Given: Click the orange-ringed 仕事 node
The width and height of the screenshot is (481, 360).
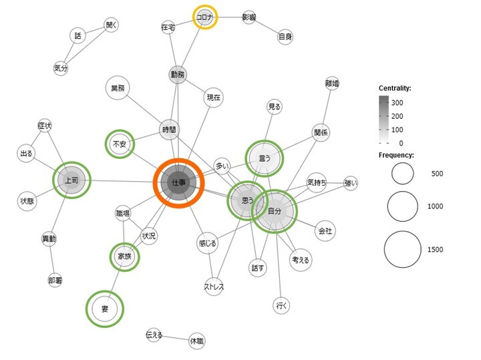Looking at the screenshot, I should pyautogui.click(x=178, y=182).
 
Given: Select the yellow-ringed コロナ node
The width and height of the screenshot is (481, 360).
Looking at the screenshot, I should pyautogui.click(x=204, y=17).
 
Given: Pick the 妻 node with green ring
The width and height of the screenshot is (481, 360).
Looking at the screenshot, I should pyautogui.click(x=105, y=309).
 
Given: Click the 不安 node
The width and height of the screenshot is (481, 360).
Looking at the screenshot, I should pyautogui.click(x=120, y=144).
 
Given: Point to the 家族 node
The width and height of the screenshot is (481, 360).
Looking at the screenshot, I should pyautogui.click(x=124, y=256).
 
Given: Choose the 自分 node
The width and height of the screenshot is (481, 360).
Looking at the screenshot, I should pyautogui.click(x=275, y=211).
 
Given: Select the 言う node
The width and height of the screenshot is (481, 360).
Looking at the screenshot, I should pyautogui.click(x=264, y=158).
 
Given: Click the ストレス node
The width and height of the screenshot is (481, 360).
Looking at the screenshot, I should pyautogui.click(x=214, y=287).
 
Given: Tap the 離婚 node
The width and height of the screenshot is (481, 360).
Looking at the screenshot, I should pyautogui.click(x=332, y=83).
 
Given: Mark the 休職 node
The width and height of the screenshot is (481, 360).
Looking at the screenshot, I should pyautogui.click(x=196, y=341).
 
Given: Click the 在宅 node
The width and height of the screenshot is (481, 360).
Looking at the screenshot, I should pyautogui.click(x=168, y=27).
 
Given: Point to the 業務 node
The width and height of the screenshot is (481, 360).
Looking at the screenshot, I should pyautogui.click(x=118, y=88).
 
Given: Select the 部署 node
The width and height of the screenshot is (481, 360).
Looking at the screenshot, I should pyautogui.click(x=55, y=281).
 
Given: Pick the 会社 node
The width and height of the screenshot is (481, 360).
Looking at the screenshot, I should pyautogui.click(x=325, y=231).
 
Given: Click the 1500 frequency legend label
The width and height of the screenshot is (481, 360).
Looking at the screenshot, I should pyautogui.click(x=435, y=250).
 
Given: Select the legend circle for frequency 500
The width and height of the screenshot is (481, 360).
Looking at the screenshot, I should pyautogui.click(x=403, y=174).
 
